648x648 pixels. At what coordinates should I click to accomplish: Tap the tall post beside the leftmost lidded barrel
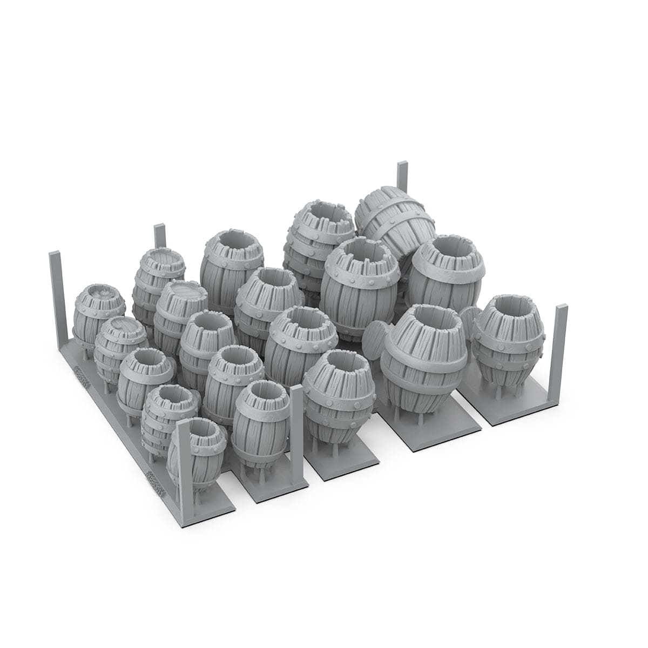tap(56, 292)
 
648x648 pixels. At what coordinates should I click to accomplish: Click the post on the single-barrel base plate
tap(561, 356)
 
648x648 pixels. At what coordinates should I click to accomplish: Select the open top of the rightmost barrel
tap(507, 310)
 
